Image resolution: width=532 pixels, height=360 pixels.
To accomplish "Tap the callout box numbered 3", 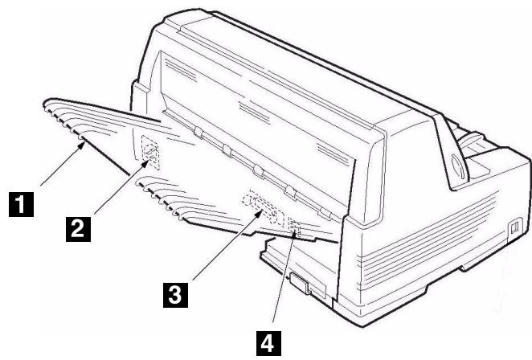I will [x=177, y=292].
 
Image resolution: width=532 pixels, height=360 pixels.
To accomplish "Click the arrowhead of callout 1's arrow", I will [x=83, y=141].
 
